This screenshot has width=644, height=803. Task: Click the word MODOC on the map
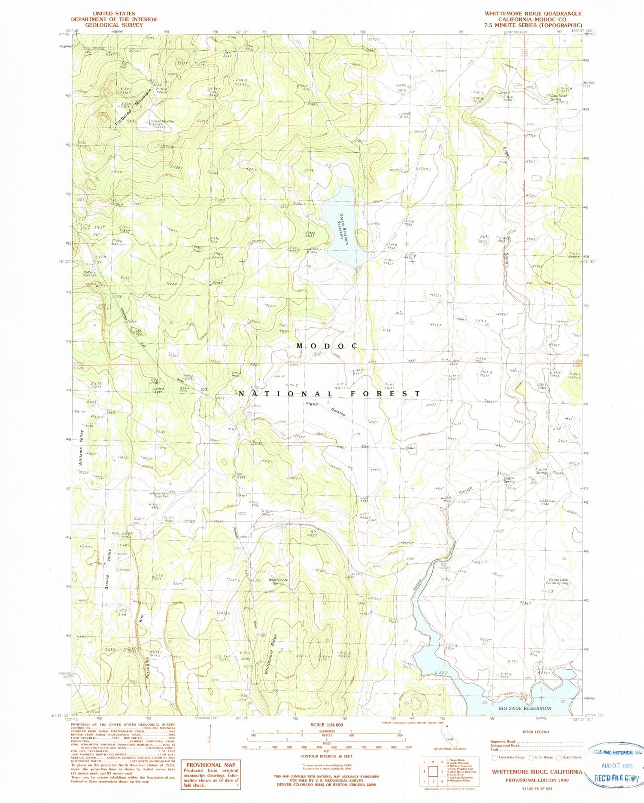click(x=328, y=346)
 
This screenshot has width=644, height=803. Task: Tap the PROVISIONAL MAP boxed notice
click(x=210, y=773)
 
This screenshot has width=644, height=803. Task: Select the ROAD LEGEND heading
click(x=535, y=732)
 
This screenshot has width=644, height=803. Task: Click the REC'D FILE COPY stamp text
click(x=617, y=778)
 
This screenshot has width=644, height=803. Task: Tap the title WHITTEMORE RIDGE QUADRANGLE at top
click(x=533, y=14)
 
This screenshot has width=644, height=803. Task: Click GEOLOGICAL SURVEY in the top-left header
click(x=114, y=25)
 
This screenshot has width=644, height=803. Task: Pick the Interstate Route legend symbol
click(x=495, y=757)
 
